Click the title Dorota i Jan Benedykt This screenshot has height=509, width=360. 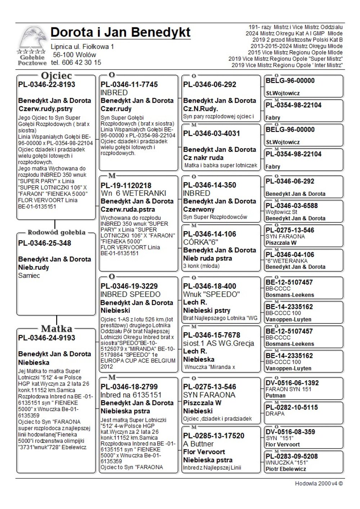point(121,32)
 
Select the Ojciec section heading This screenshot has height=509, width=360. point(57,76)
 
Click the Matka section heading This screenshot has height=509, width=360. point(57,328)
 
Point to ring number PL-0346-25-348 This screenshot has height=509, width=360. point(45,243)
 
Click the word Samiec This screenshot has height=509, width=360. point(29,276)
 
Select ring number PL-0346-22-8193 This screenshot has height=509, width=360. point(47,85)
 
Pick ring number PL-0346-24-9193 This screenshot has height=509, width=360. point(47,338)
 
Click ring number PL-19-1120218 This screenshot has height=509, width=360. point(126,186)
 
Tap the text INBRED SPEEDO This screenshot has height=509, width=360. point(130,294)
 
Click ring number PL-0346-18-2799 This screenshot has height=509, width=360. point(129,387)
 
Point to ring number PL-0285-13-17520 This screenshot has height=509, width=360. point(214,436)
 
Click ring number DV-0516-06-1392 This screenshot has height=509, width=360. point(292,383)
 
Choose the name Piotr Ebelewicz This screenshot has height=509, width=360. point(286,469)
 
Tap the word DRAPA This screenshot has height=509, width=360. point(275,414)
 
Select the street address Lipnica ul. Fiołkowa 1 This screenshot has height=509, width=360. point(82,47)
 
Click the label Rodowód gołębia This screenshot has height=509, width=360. point(57,232)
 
